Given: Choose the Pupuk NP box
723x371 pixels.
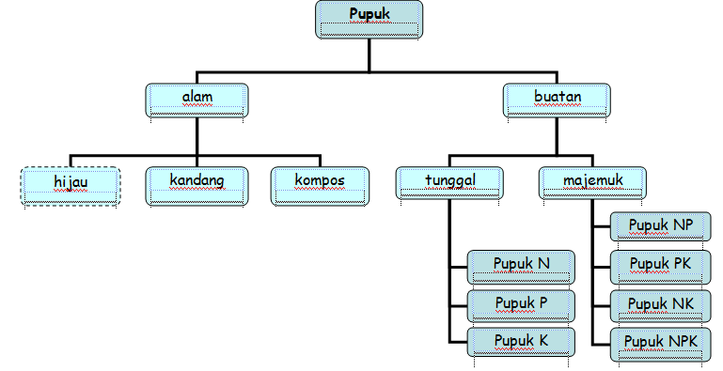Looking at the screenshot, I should [662, 228].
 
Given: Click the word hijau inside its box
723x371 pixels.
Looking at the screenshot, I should [69, 180].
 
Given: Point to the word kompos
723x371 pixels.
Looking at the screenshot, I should [321, 178].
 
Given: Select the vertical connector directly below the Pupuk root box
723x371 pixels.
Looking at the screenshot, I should [369, 55].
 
